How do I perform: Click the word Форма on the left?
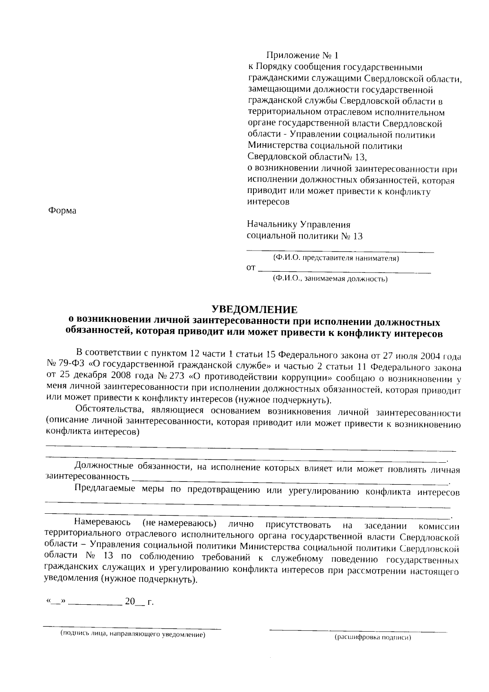tap(62, 211)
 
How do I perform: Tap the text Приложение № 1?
tap(302, 55)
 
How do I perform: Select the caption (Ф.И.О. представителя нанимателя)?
tap(336, 258)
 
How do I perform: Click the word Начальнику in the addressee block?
tap(272, 225)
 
